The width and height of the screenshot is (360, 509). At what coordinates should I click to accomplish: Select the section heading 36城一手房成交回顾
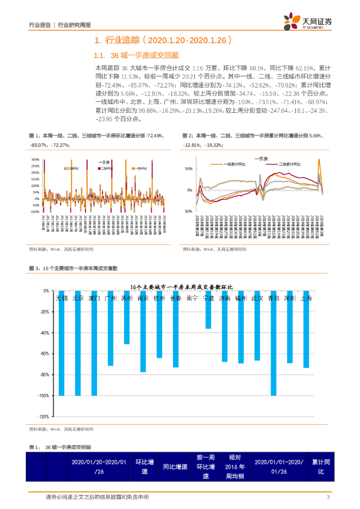(x=144, y=55)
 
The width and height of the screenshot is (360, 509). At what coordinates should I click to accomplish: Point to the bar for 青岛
(x=273, y=343)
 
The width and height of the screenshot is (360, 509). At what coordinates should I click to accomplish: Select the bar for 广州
(x=110, y=329)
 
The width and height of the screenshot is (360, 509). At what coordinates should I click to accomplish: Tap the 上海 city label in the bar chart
(x=307, y=299)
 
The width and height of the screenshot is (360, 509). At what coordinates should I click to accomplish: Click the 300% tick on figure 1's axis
(x=35, y=160)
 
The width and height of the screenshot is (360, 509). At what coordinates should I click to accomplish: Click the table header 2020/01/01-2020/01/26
(x=278, y=466)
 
